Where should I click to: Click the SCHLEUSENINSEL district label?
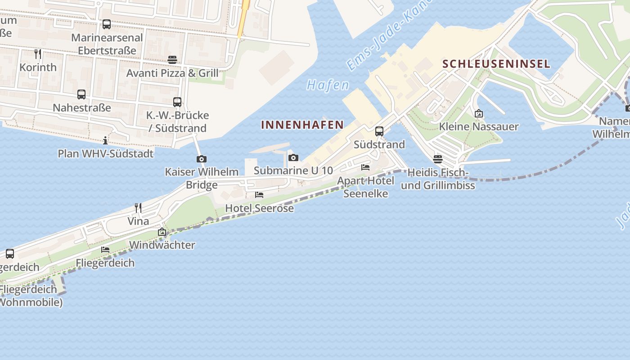(x=496, y=64)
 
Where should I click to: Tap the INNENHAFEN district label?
(x=302, y=125)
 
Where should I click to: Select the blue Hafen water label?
(x=328, y=85)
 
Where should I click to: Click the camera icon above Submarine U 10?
(x=293, y=157)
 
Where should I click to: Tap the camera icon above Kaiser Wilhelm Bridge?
(x=202, y=159)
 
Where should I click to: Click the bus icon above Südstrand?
(x=379, y=131)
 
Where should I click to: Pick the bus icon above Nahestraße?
(x=81, y=94)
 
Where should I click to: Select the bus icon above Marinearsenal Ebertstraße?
(x=107, y=24)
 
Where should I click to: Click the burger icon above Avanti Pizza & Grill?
(x=172, y=59)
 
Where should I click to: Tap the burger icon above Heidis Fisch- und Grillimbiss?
(x=438, y=159)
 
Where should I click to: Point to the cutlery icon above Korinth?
(x=38, y=54)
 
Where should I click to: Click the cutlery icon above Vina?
(x=138, y=207)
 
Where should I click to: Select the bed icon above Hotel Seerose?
(x=259, y=195)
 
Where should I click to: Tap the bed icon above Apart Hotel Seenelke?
(x=365, y=167)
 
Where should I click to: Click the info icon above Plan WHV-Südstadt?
(x=105, y=140)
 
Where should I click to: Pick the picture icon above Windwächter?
(x=162, y=232)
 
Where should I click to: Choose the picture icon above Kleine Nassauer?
(x=479, y=113)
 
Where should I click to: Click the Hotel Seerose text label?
(x=259, y=208)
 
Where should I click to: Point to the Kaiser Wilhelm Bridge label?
(x=202, y=178)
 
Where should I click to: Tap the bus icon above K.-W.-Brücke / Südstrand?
(x=177, y=102)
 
